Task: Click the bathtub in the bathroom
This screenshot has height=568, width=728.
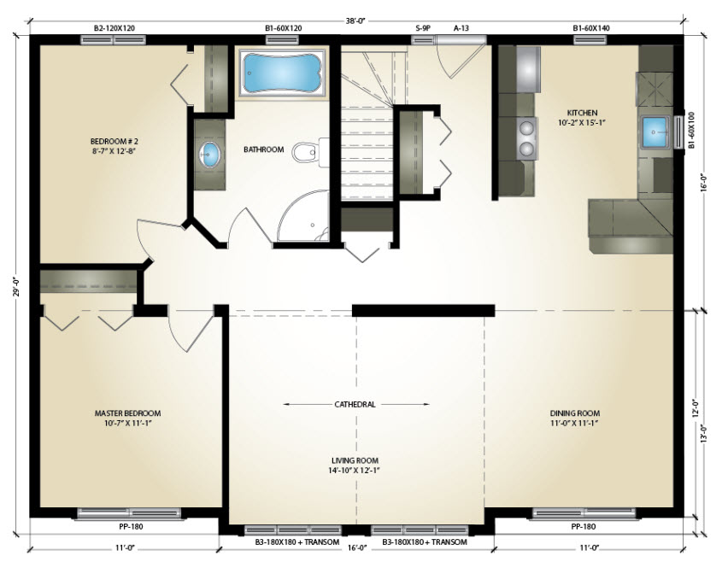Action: tap(282, 73)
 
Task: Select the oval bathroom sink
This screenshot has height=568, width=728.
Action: tap(209, 155)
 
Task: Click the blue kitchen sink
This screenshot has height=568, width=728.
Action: tap(655, 132)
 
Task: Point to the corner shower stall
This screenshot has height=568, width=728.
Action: tap(304, 217)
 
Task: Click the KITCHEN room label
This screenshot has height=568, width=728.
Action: tap(582, 112)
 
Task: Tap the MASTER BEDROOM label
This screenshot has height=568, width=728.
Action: tap(127, 413)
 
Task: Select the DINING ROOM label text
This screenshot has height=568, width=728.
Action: tap(575, 413)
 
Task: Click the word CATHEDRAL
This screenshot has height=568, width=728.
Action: tap(355, 404)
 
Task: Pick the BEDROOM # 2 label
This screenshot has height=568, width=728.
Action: tap(114, 141)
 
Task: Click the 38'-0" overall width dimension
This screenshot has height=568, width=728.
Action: tap(356, 20)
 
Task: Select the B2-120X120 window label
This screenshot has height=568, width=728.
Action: tap(114, 28)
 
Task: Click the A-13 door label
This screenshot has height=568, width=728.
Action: tap(461, 28)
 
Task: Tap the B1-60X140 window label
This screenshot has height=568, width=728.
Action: tap(591, 28)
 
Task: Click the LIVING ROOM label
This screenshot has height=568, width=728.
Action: tap(355, 460)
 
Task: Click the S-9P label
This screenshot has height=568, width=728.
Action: tap(423, 28)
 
